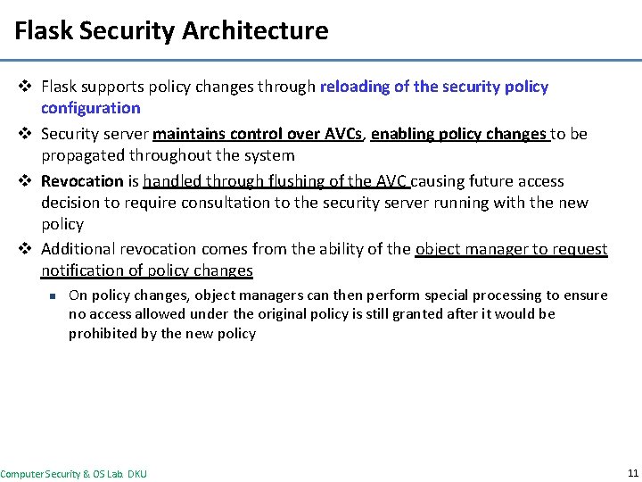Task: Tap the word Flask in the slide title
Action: click(x=45, y=31)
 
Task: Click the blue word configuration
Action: click(x=91, y=108)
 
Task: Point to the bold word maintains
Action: click(x=189, y=134)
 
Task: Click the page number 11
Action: click(x=632, y=473)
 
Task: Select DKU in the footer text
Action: click(x=136, y=474)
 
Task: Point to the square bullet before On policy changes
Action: click(x=53, y=295)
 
